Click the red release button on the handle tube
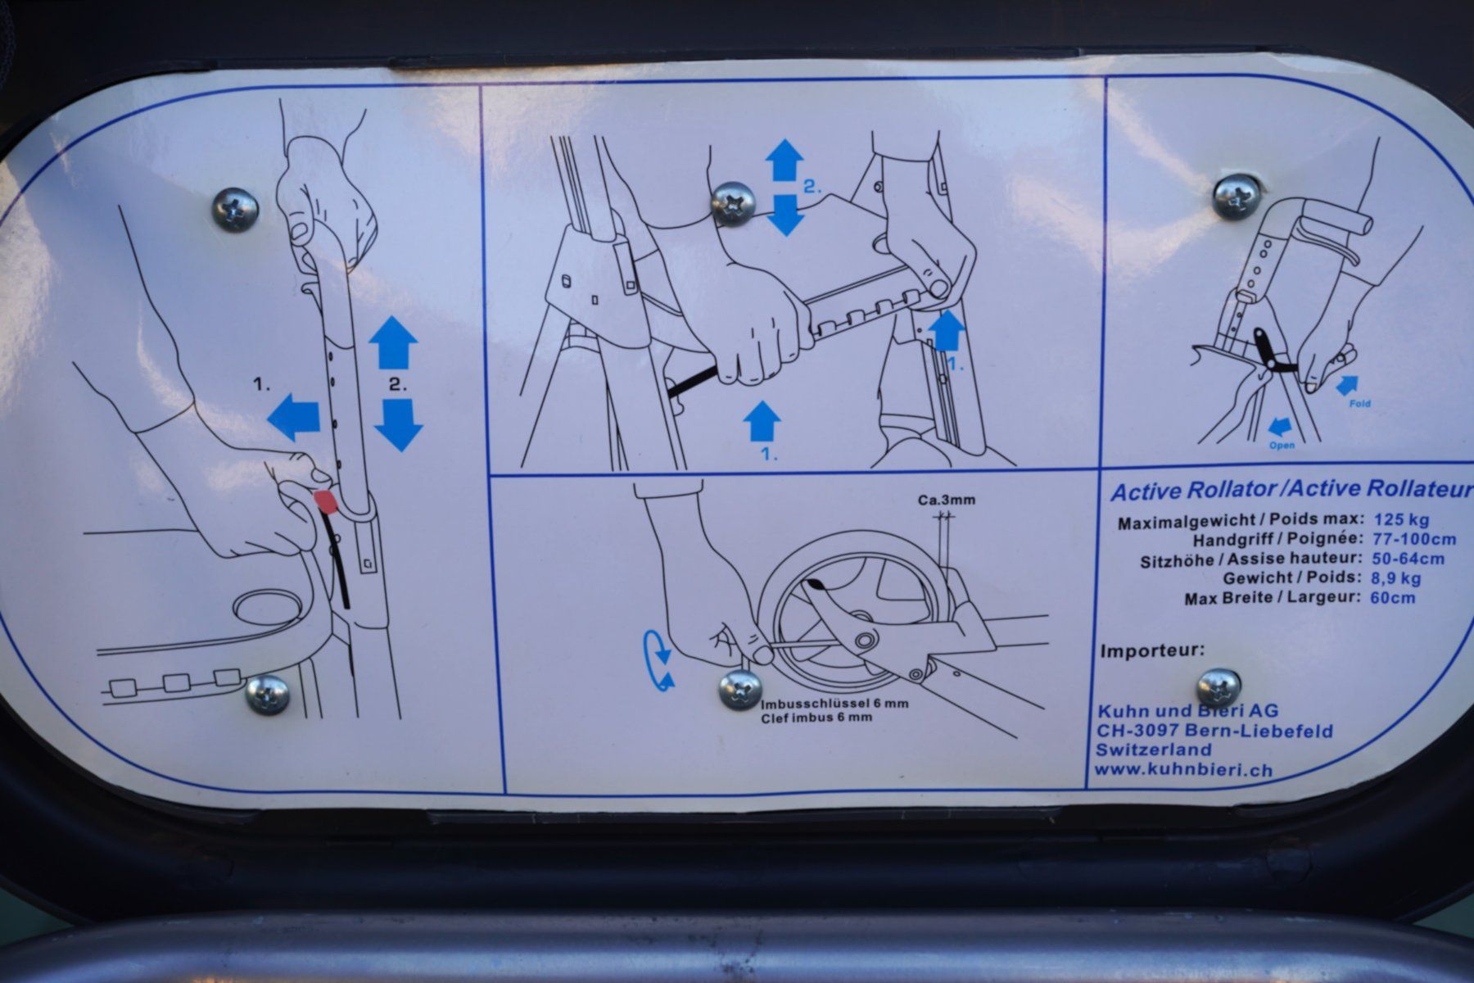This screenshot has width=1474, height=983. click(x=325, y=501)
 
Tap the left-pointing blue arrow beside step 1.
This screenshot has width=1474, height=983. click(x=293, y=416)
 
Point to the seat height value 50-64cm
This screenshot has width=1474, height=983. click(x=1407, y=559)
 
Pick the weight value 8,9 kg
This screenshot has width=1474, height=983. click(x=1395, y=578)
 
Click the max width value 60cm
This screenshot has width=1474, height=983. click(x=1392, y=597)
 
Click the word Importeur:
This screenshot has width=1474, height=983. click(x=1153, y=651)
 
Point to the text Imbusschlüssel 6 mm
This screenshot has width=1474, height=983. click(x=834, y=704)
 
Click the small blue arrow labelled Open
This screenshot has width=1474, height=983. click(x=1279, y=425)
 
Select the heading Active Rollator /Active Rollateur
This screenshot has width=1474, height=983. click(x=1291, y=490)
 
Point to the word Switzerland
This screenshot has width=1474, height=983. click(x=1153, y=750)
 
